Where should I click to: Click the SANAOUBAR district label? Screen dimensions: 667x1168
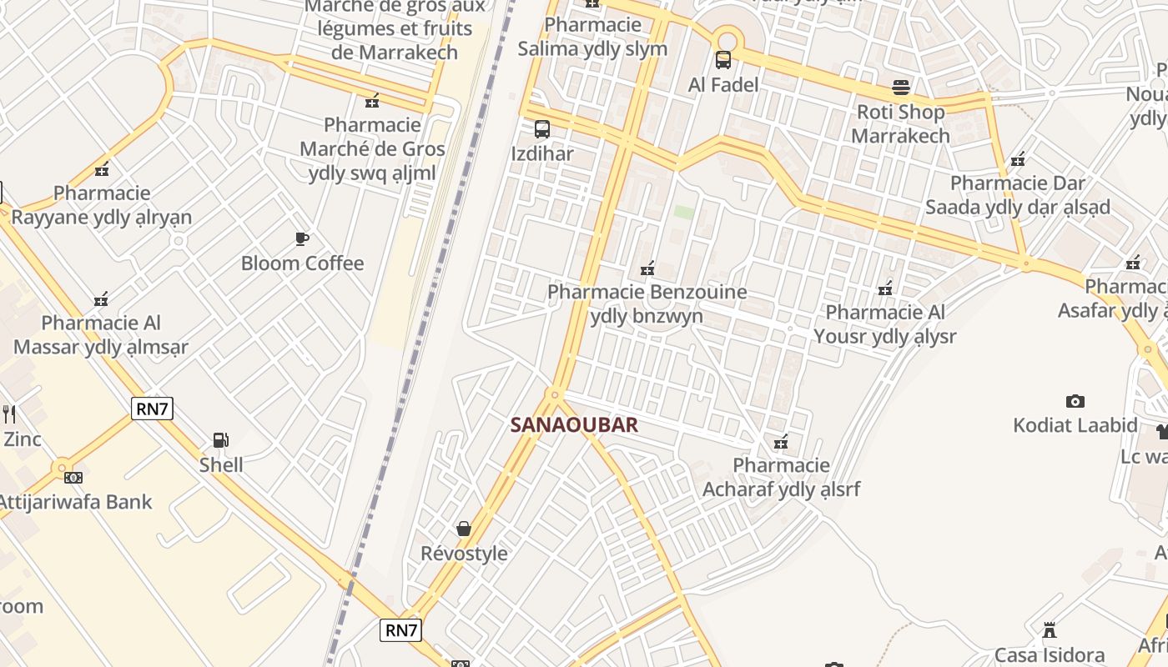pos(574,425)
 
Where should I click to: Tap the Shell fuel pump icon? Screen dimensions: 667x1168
pos(221,440)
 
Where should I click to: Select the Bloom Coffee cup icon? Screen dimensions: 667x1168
pos(302,239)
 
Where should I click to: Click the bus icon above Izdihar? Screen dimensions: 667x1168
pos(542,129)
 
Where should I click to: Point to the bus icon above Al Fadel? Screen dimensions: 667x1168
pos(723,60)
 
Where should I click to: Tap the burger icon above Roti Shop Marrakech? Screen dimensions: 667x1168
pos(901,87)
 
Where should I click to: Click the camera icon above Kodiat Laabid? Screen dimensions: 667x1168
pos(1075,401)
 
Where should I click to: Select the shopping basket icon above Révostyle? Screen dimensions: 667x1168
pos(464,529)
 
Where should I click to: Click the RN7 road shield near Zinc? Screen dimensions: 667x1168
pos(151,408)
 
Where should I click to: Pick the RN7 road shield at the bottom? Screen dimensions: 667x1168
pos(400,630)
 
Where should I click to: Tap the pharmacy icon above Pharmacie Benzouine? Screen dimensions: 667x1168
pos(647,268)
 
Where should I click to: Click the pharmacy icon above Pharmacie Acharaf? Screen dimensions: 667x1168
pos(781,442)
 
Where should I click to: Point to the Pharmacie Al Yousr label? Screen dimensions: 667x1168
pos(884,324)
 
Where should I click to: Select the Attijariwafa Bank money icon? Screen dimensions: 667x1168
pos(73,478)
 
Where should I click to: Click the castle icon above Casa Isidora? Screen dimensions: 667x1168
pos(1050,630)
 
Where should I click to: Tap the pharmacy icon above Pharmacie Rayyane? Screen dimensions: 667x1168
pos(102,169)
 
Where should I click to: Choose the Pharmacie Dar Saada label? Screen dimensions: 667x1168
pos(1017,194)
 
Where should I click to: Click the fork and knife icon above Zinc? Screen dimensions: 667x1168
pos(10,414)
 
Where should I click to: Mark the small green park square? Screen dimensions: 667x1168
pos(684,213)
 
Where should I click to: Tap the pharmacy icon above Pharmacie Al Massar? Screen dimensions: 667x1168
pos(101,298)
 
